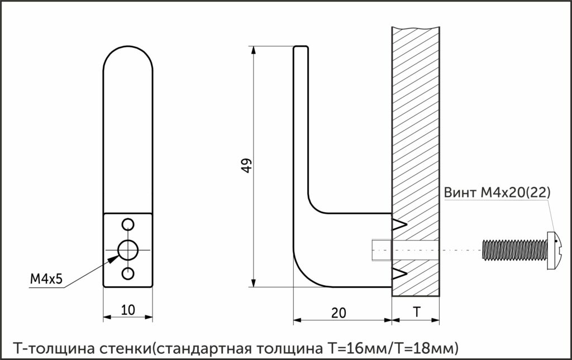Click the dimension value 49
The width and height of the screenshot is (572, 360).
(x=247, y=166)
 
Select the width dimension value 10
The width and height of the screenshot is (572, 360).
(x=128, y=310)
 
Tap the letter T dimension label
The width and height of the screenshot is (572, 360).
(x=417, y=312)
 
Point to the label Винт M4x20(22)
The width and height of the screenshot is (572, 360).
(x=497, y=193)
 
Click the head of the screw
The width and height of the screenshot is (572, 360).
(x=554, y=250)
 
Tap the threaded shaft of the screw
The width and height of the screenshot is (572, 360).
(x=515, y=250)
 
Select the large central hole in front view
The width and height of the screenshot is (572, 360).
(x=128, y=250)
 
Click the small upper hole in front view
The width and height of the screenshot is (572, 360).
(x=128, y=224)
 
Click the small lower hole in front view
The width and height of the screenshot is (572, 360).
(x=128, y=273)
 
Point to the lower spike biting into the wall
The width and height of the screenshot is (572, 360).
(x=399, y=273)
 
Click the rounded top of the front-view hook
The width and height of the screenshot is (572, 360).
(x=128, y=46)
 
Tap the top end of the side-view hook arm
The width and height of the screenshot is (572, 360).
(x=301, y=47)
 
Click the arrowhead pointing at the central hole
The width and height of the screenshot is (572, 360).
(x=113, y=259)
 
